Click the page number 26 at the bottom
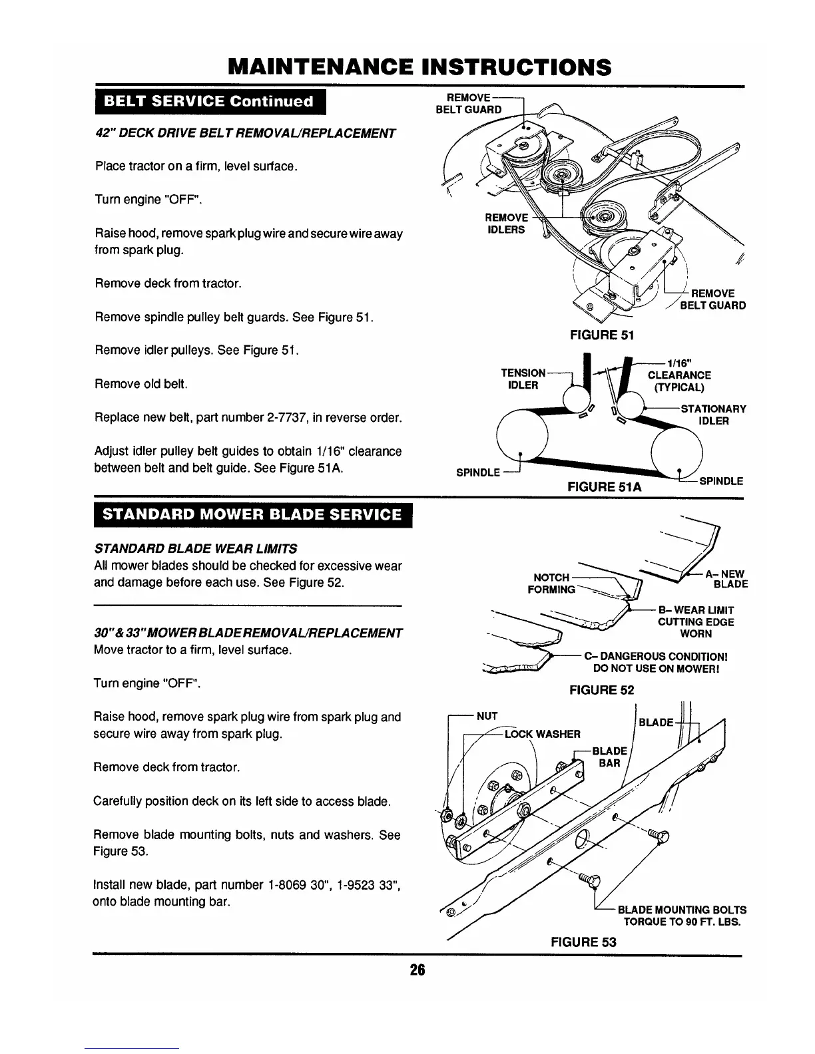417,970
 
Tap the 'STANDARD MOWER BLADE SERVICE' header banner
254,515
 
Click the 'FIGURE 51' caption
601,335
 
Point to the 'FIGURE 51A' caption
604,487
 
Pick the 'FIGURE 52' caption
601,690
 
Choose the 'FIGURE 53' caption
583,942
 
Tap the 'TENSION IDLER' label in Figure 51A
523,379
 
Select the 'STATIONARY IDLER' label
713,415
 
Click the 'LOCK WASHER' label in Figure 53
543,734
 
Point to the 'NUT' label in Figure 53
487,717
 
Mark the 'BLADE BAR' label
609,757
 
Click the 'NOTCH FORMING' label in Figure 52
551,584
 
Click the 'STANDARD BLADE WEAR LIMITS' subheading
196,549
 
